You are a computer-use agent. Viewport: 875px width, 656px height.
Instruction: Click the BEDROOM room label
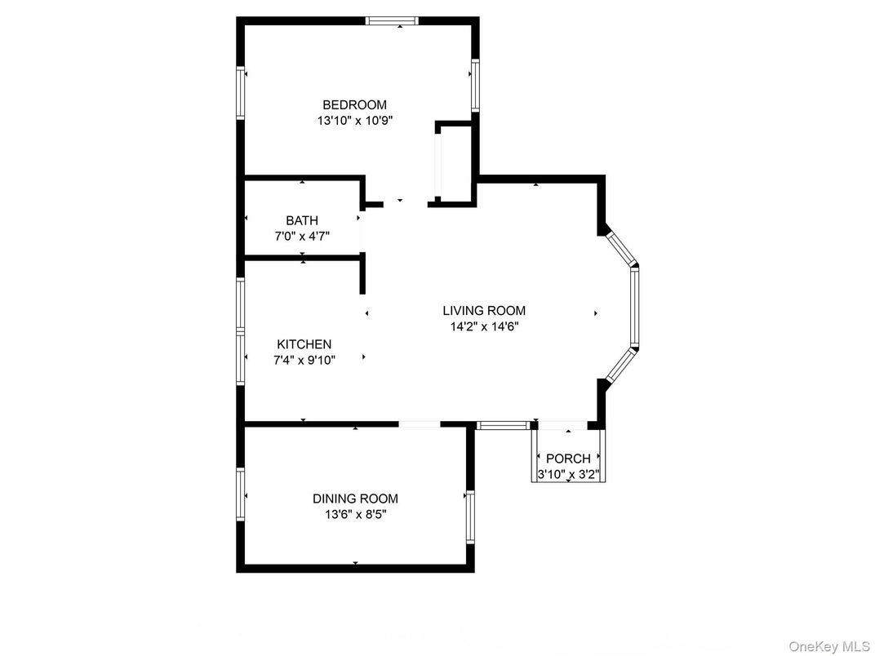[x=354, y=105]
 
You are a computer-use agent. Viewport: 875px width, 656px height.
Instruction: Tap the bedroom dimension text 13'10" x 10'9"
[x=355, y=121]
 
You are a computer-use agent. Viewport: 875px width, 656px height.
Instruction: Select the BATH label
[x=302, y=220]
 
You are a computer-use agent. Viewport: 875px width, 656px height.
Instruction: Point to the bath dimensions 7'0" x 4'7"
[x=302, y=236]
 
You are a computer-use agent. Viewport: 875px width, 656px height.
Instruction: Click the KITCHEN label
[x=304, y=344]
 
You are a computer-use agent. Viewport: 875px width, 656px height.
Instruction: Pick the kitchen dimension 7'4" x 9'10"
[x=304, y=360]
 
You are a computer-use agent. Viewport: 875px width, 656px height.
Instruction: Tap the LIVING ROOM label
[x=484, y=311]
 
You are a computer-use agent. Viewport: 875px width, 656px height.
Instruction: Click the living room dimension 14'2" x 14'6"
[x=484, y=326]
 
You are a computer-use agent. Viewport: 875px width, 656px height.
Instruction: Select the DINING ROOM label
[x=356, y=499]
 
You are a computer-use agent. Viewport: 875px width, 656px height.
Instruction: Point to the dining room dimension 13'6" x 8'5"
[x=356, y=514]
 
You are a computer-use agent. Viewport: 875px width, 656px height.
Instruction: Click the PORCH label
[x=568, y=459]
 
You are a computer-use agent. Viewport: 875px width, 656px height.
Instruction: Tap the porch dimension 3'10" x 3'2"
[x=568, y=475]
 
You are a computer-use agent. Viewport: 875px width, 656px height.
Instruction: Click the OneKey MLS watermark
[x=828, y=646]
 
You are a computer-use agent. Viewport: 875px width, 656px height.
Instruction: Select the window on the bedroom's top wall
[x=392, y=21]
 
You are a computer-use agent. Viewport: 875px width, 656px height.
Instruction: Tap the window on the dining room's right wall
[x=470, y=516]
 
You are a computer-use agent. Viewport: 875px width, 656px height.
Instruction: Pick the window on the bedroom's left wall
[x=241, y=92]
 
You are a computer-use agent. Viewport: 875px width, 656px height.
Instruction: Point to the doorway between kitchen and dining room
[x=420, y=424]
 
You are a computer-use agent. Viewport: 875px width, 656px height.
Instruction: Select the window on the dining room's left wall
[x=241, y=494]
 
